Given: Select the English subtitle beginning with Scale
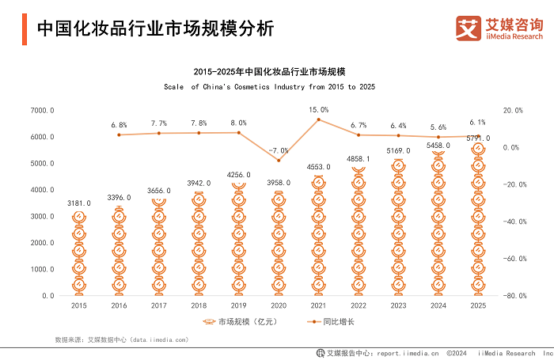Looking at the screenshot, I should coord(269,85).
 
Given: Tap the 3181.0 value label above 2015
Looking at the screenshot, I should coord(78,203).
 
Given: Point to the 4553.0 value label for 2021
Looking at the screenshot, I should coord(318,167).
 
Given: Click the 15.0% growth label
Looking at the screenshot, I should coord(318,109).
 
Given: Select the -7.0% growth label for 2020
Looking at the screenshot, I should coord(278,150).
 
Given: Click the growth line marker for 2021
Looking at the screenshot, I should coord(318,119).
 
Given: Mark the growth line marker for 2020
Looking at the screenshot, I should coord(278,161).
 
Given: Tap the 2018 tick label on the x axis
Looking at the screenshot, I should coord(198,305).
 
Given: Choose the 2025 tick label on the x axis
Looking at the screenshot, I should coord(477,305).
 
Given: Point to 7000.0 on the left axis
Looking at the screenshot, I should coord(42,111).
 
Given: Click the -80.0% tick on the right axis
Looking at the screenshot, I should coord(514,296).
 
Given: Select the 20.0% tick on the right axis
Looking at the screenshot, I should coord(514,111).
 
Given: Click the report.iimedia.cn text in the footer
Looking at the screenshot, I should coord(408,353).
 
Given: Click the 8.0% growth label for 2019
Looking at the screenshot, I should coord(237,123).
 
